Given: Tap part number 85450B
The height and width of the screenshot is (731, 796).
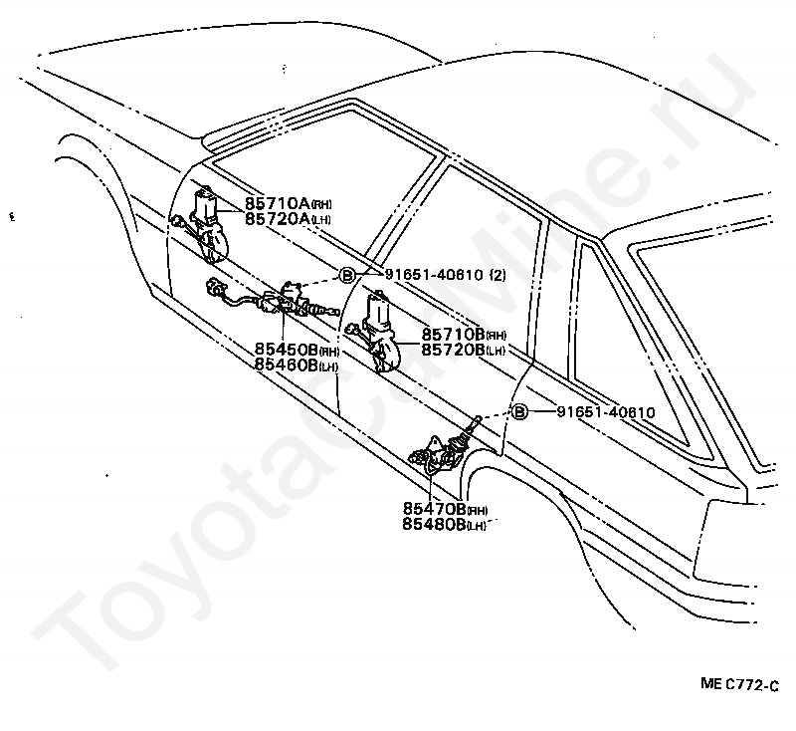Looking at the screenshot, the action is point(287,351).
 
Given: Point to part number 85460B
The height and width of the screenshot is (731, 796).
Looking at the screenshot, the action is point(287,365).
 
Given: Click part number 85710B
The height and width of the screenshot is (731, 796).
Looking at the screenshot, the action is point(453,335).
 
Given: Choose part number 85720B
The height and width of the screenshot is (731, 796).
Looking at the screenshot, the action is point(453,350).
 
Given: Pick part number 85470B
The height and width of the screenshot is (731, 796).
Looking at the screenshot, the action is point(435,509).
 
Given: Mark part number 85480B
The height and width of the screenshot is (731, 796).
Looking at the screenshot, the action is point(435,524).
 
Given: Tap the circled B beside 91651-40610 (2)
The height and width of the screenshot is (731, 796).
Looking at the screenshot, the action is point(347,276).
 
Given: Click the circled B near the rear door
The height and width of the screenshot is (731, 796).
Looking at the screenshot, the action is point(517,411).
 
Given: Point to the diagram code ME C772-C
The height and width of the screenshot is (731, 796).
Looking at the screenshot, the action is point(738,684).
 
